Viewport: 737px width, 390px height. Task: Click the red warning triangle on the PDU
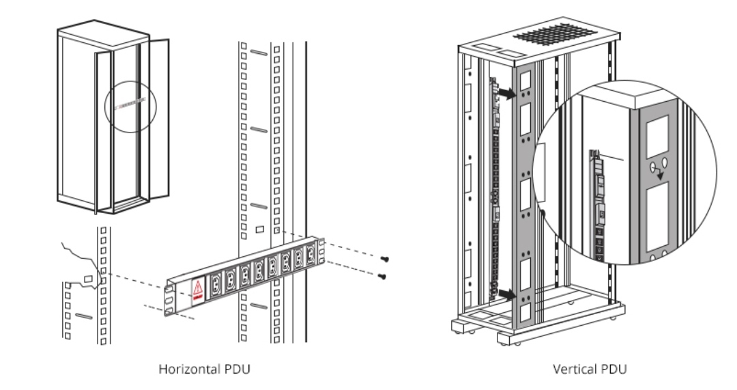[197, 287]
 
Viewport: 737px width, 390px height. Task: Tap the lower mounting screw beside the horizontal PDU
[382, 276]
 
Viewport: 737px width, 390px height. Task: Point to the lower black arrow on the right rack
[506, 294]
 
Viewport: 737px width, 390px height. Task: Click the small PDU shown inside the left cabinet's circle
[130, 103]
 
